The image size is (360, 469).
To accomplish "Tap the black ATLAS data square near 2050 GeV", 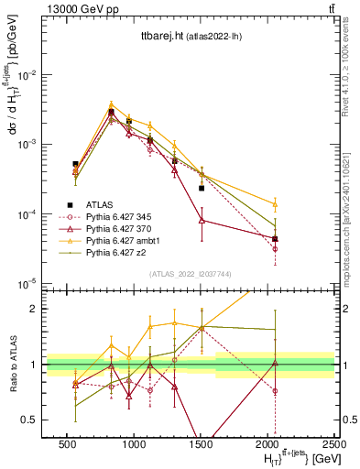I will (276, 238).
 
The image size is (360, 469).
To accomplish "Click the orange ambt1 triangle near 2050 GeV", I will (276, 203).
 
